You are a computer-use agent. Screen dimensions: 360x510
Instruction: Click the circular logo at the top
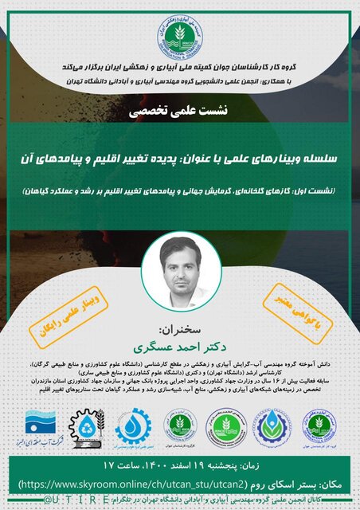pos(180,33)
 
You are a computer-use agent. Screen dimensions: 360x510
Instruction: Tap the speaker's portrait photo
pos(180,267)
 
